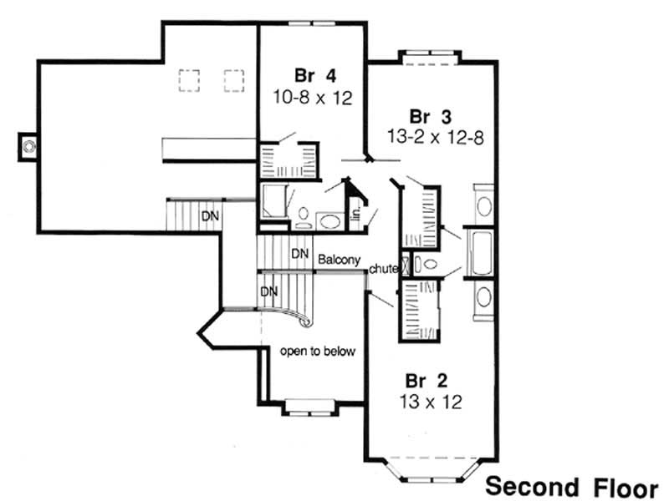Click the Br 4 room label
(x=310, y=73)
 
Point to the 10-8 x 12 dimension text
(x=310, y=97)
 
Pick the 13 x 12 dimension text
(x=432, y=402)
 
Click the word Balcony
(x=339, y=261)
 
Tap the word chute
(x=382, y=269)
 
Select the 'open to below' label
(x=318, y=352)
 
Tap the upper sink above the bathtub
(x=483, y=206)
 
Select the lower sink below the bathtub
(x=483, y=298)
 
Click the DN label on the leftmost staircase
(x=210, y=216)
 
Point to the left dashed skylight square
(x=189, y=80)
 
